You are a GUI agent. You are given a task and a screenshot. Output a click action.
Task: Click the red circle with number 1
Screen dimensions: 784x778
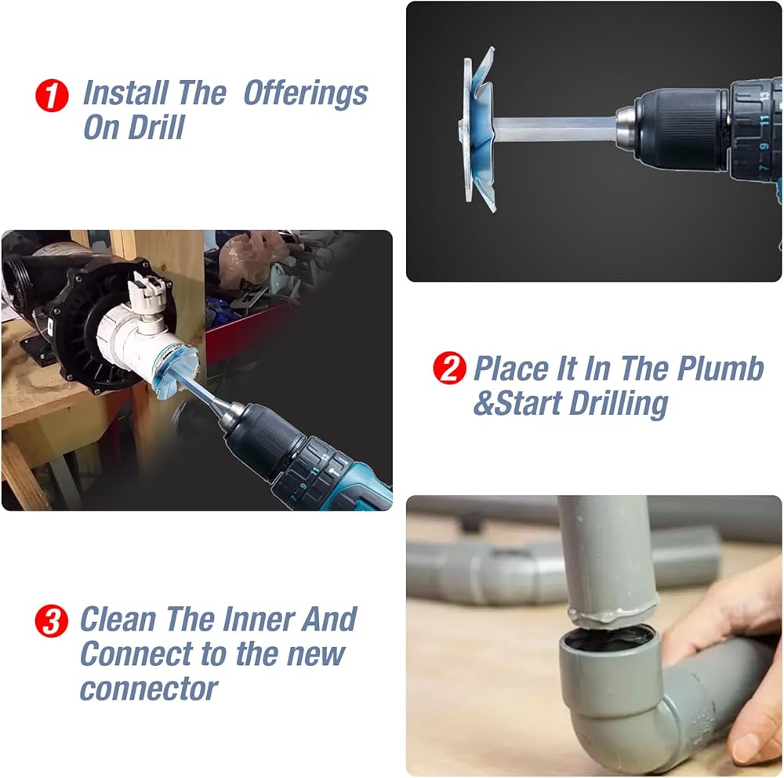(x=52, y=96)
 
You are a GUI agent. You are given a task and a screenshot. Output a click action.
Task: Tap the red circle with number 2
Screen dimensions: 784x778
(x=449, y=368)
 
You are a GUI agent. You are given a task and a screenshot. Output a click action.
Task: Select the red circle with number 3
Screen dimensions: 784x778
(x=52, y=621)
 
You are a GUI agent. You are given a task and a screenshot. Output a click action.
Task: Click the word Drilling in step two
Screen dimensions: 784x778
(x=619, y=404)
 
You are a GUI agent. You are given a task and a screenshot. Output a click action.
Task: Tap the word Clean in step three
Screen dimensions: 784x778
(x=118, y=620)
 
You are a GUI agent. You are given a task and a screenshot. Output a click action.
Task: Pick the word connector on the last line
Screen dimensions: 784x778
(x=148, y=690)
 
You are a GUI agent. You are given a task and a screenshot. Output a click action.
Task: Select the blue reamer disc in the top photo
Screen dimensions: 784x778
(x=478, y=129)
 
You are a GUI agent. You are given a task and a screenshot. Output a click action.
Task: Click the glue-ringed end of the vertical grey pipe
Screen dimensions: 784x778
(x=612, y=616)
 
